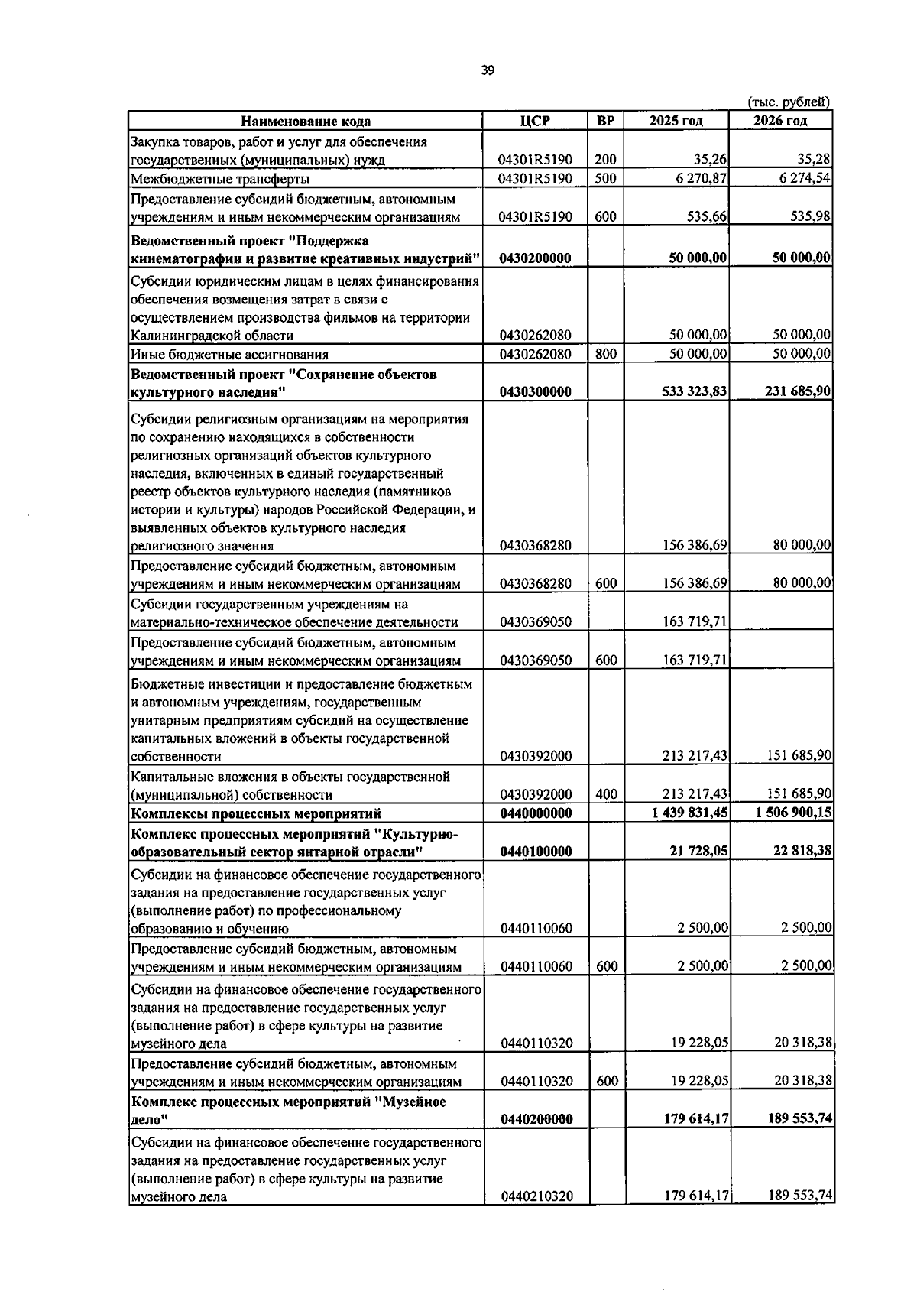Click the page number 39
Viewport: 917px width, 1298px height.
pyautogui.click(x=488, y=70)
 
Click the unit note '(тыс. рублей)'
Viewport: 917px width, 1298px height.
pyautogui.click(x=789, y=102)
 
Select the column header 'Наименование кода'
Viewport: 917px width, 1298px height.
pyautogui.click(x=306, y=121)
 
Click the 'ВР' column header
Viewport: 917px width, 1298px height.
pyautogui.click(x=605, y=121)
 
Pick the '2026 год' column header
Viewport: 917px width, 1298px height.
pyautogui.click(x=780, y=121)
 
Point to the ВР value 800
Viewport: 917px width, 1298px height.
pyautogui.click(x=605, y=354)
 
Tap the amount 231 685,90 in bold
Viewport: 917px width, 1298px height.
pyautogui.click(x=798, y=391)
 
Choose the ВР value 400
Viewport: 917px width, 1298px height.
pyautogui.click(x=605, y=794)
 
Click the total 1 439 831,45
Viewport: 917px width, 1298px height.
pyautogui.click(x=690, y=813)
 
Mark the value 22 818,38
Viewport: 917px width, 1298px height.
pyautogui.click(x=802, y=852)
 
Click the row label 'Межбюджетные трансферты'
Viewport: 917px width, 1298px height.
pyautogui.click(x=219, y=180)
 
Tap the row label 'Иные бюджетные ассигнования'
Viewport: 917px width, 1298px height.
pyautogui.click(x=229, y=355)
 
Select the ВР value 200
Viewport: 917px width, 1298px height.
pyautogui.click(x=605, y=160)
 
